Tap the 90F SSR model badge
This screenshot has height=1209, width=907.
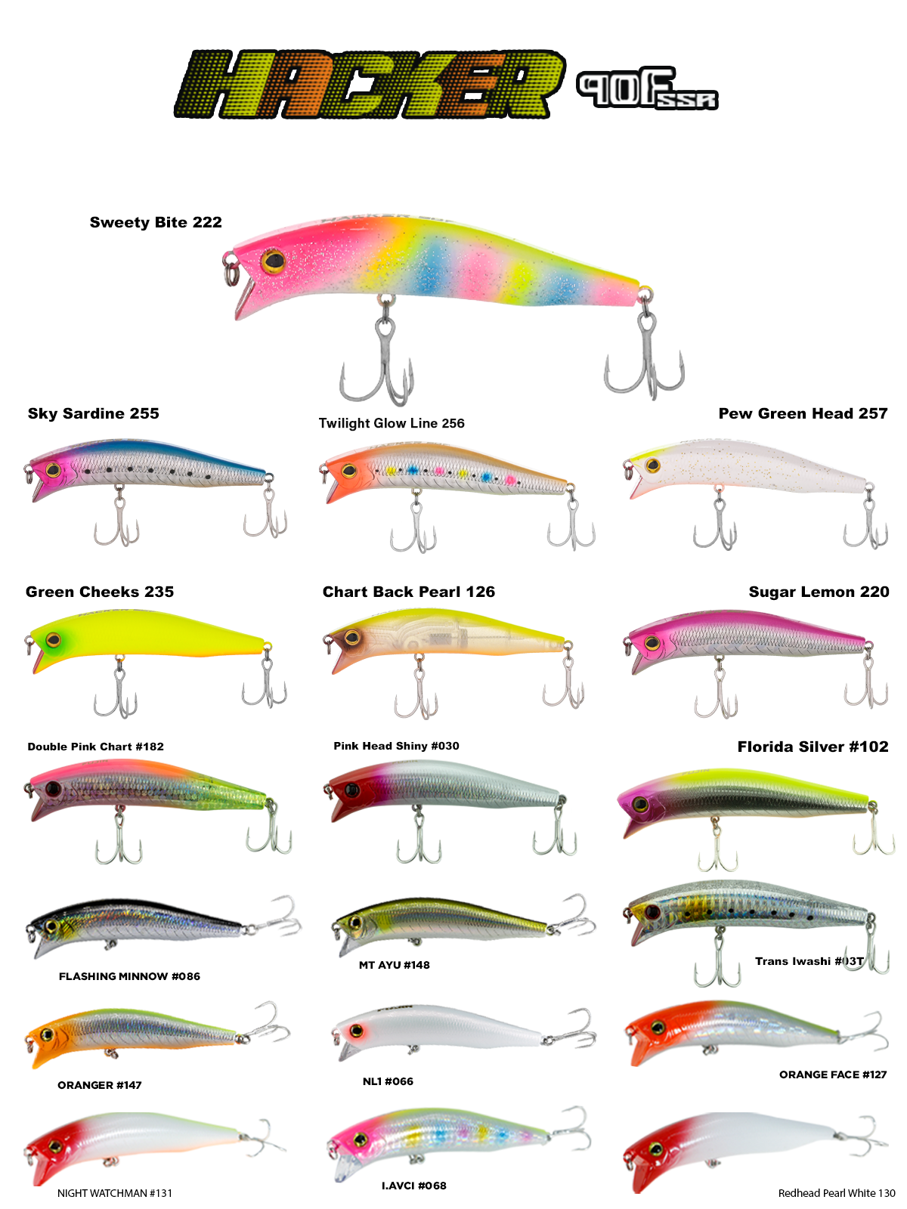pyautogui.click(x=647, y=88)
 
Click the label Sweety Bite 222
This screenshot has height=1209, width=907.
pyautogui.click(x=156, y=222)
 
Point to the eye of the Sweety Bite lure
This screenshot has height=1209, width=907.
pyautogui.click(x=273, y=261)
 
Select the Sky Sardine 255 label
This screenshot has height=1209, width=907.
pyautogui.click(x=94, y=413)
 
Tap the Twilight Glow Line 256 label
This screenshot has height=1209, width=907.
pyautogui.click(x=392, y=423)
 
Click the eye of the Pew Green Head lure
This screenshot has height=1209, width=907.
pyautogui.click(x=652, y=465)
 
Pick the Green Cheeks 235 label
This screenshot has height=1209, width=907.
pyautogui.click(x=100, y=592)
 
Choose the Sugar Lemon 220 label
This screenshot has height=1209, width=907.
pyautogui.click(x=819, y=592)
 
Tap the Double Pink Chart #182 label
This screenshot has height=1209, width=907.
pyautogui.click(x=96, y=747)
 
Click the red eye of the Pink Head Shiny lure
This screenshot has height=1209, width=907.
pyautogui.click(x=352, y=790)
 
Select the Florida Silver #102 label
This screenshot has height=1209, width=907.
pyautogui.click(x=813, y=747)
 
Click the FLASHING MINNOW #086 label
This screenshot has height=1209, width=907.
pyautogui.click(x=129, y=976)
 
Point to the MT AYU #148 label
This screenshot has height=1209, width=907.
pyautogui.click(x=395, y=964)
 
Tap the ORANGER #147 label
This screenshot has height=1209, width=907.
pyautogui.click(x=100, y=1084)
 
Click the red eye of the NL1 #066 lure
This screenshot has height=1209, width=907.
pyautogui.click(x=357, y=1031)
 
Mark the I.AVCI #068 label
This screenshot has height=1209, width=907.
pyautogui.click(x=414, y=1186)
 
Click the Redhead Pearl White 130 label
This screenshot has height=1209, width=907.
pyautogui.click(x=837, y=1193)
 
